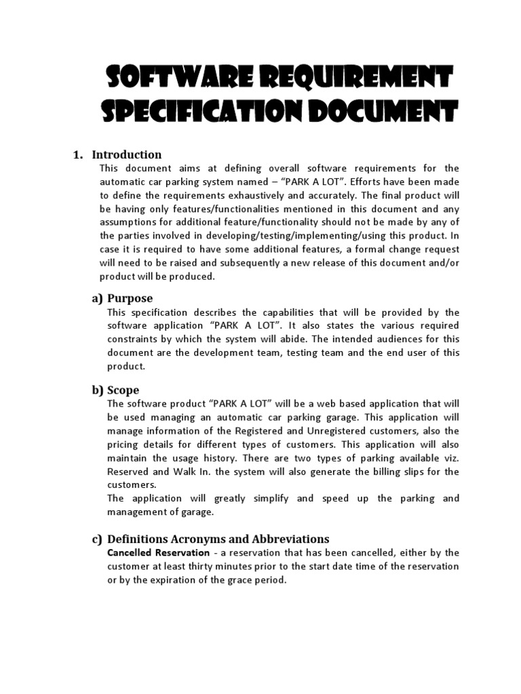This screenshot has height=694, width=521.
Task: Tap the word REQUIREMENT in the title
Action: (x=355, y=79)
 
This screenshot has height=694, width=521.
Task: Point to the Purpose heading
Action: (x=130, y=298)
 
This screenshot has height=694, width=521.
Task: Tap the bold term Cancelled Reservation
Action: (x=158, y=552)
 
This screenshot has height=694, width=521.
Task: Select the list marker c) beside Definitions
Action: (x=98, y=539)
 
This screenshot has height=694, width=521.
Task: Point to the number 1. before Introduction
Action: (x=78, y=155)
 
